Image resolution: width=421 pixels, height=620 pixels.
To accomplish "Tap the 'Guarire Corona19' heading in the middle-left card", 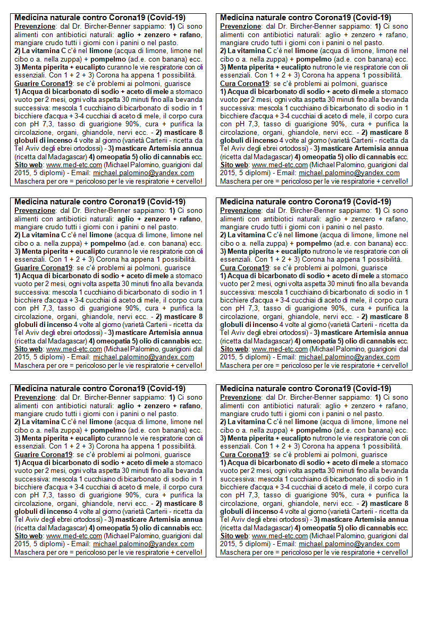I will [x=43, y=268].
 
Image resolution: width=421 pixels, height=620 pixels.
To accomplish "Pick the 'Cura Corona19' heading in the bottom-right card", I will [x=245, y=454].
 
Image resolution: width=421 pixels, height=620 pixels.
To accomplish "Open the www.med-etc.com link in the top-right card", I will [x=280, y=165].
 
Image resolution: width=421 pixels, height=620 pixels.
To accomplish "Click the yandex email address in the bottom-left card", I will [x=144, y=544].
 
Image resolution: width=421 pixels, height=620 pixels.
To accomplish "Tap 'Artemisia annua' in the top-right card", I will [x=381, y=149].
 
